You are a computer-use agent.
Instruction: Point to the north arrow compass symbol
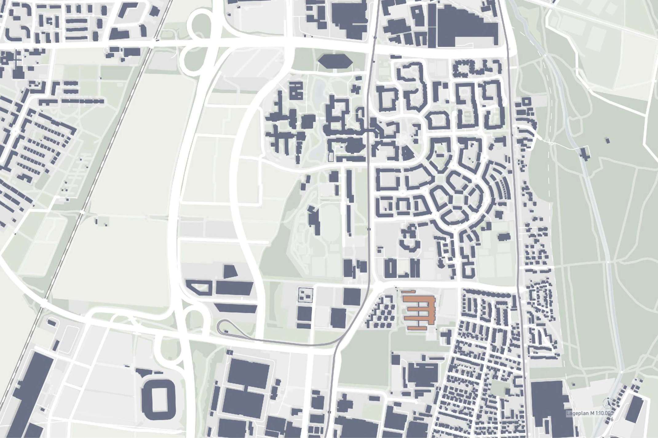(x=607, y=403)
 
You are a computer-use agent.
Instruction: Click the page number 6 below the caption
(x=612, y=419)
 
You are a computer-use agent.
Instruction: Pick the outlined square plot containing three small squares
(x=306, y=295)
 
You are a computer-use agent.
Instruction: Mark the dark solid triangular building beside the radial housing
(x=407, y=152)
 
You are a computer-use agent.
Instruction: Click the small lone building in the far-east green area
(x=607, y=141)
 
